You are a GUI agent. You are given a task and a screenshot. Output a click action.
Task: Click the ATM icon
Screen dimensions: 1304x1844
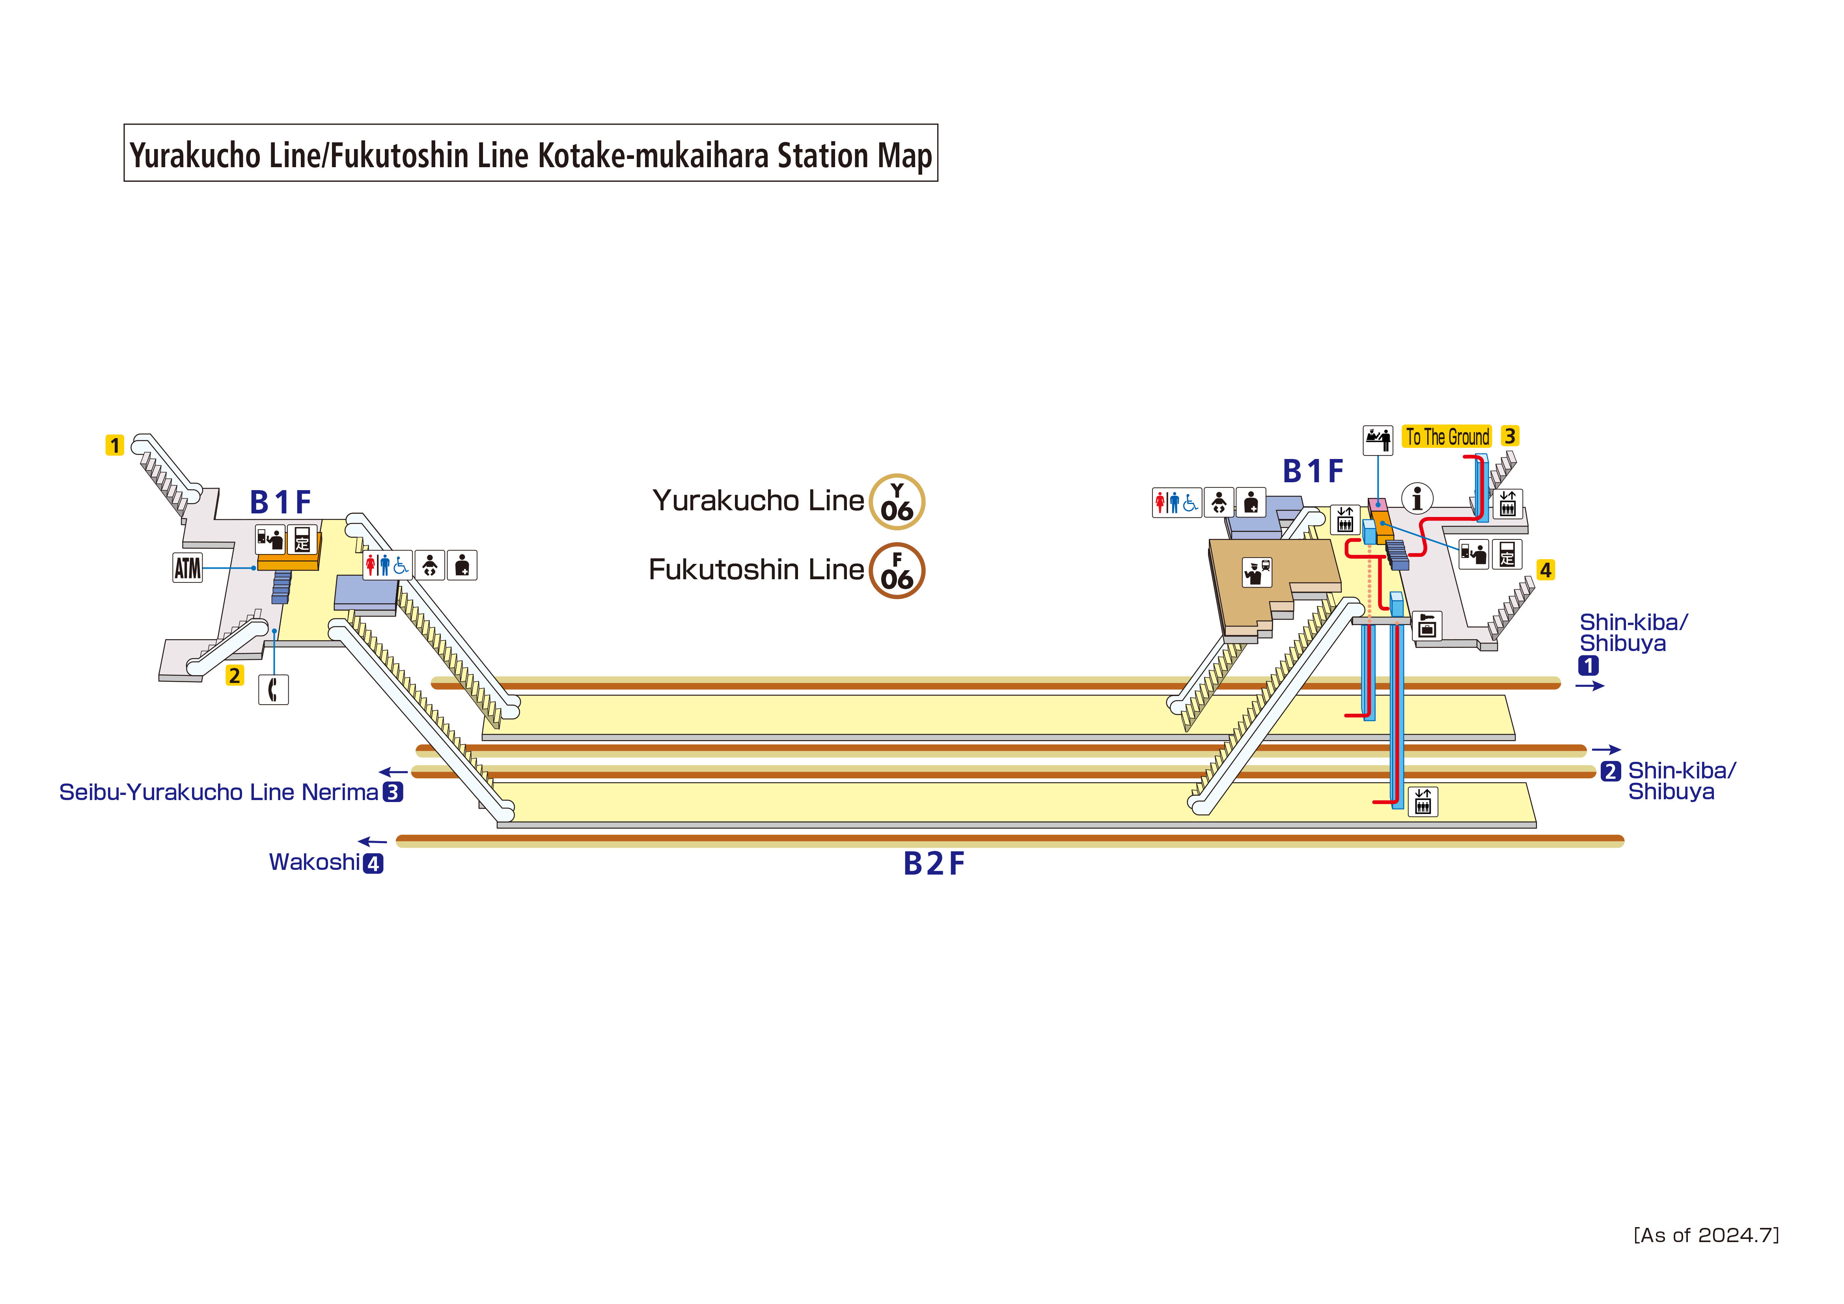[x=187, y=568]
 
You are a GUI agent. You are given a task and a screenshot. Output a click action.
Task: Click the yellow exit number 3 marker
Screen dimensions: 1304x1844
[x=1510, y=436]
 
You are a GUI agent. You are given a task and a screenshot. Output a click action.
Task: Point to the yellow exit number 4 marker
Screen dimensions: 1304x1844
[x=1545, y=571]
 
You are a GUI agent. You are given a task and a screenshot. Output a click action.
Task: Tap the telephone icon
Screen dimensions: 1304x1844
[x=273, y=689]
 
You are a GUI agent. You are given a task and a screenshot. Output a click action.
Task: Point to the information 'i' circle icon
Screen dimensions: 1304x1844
[x=1417, y=498]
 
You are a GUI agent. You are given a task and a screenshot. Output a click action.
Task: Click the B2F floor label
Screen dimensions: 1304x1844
[x=933, y=864]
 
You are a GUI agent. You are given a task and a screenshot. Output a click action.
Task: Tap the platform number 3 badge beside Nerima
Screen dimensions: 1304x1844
[x=393, y=792]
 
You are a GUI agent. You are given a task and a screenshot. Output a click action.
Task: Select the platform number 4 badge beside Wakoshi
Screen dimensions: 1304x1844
[x=373, y=864]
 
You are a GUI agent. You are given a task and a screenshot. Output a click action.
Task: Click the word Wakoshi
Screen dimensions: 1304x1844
[x=314, y=862]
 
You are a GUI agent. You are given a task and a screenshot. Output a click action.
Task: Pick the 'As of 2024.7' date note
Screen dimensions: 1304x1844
[x=1706, y=1235]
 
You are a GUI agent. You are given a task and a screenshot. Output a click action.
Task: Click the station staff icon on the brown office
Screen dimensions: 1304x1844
[x=1257, y=572]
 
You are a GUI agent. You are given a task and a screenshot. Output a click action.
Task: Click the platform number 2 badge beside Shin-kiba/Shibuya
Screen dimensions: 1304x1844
[x=1610, y=771]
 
